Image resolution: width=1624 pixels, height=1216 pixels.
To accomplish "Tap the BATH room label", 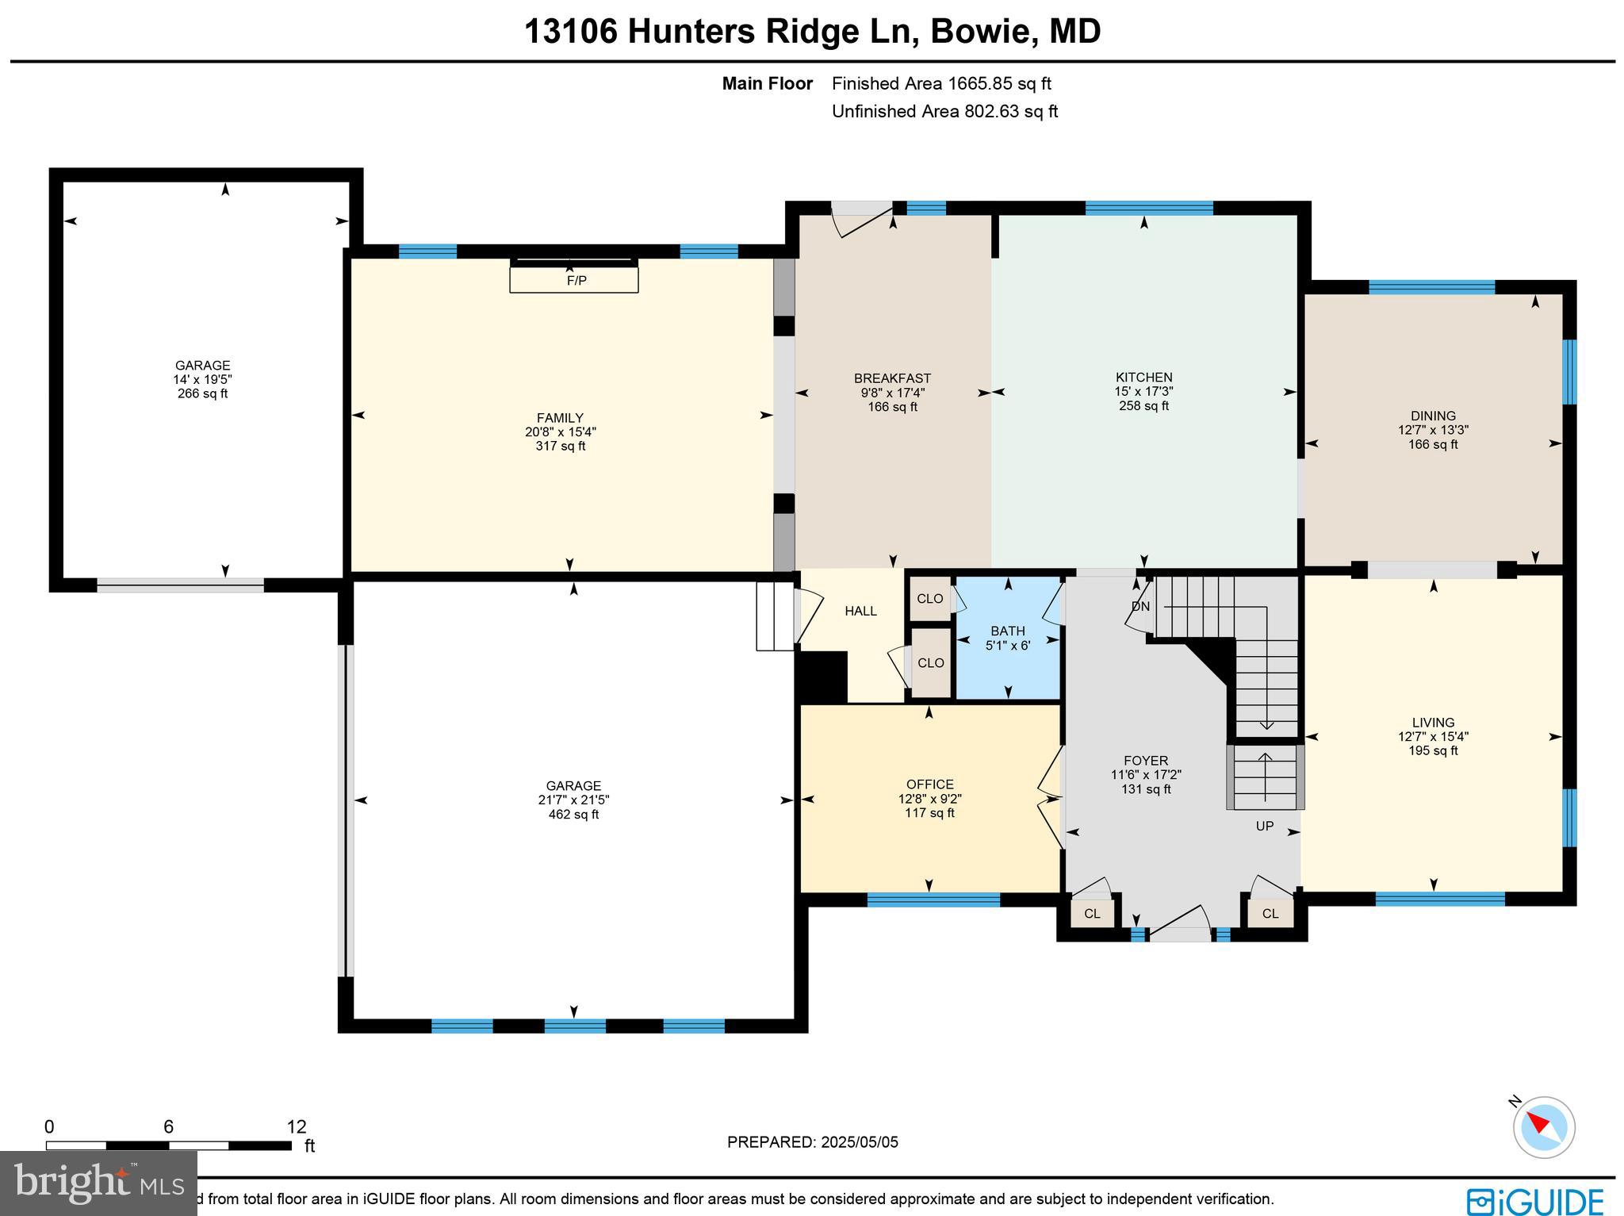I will pyautogui.click(x=1007, y=631).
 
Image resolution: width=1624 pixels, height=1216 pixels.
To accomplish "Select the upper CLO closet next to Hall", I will pyautogui.click(x=930, y=599).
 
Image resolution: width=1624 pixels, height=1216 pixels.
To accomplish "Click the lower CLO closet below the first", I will pyautogui.click(x=930, y=663).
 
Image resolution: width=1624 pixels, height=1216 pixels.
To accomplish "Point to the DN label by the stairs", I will pyautogui.click(x=1140, y=607).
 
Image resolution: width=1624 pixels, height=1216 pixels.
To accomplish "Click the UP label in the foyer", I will pyautogui.click(x=1265, y=826).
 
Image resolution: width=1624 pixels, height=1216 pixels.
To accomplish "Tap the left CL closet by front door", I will pyautogui.click(x=1092, y=913).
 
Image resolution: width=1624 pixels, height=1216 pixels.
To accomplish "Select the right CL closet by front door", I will pyautogui.click(x=1270, y=913).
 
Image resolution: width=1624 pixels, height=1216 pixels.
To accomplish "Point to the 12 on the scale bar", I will pyautogui.click(x=296, y=1127).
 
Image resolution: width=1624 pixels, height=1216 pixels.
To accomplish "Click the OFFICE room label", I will pyautogui.click(x=930, y=784).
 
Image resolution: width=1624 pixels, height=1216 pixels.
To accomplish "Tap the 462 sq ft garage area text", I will pyautogui.click(x=573, y=815).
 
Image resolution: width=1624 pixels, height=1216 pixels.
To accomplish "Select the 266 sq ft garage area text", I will pyautogui.click(x=203, y=393).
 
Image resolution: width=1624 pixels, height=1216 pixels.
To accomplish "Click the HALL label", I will pyautogui.click(x=860, y=611).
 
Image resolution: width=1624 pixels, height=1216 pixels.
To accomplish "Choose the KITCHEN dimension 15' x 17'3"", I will pyautogui.click(x=1143, y=392).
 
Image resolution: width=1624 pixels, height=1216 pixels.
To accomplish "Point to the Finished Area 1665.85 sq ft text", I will pyautogui.click(x=941, y=83).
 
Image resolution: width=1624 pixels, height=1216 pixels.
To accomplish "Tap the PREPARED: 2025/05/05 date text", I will pyautogui.click(x=813, y=1142).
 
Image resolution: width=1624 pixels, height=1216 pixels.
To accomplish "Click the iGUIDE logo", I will pyautogui.click(x=1534, y=1201).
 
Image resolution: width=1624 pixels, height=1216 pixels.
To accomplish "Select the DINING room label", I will pyautogui.click(x=1433, y=416).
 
